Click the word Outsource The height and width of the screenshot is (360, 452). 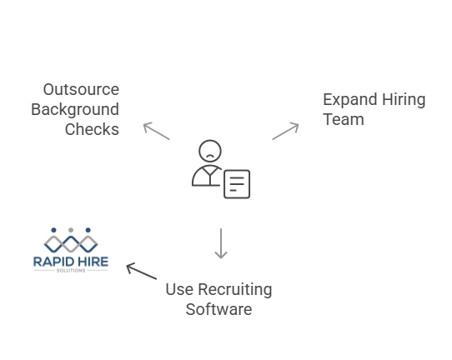pos(81,90)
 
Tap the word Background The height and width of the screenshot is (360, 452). pos(75,110)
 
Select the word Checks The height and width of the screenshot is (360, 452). pos(92,130)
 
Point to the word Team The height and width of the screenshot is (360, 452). pos(344,120)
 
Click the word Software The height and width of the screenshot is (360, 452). pos(218,310)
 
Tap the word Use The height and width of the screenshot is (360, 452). pos(178,290)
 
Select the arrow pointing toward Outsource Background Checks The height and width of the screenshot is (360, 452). pos(156,131)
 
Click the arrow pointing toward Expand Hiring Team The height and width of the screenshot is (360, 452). pos(285,131)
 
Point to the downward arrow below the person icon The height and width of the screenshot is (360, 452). pos(221,243)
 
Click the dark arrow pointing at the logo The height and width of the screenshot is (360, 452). pos(141,271)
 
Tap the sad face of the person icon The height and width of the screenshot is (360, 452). pos(210,152)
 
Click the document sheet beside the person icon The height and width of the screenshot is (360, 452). pos(237,184)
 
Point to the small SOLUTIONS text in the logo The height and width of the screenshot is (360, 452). pos(71,271)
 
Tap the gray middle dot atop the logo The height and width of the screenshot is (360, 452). pos(71,230)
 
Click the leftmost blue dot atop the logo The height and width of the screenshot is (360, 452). pos(53,230)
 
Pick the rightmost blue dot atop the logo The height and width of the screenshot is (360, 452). pos(88,230)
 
